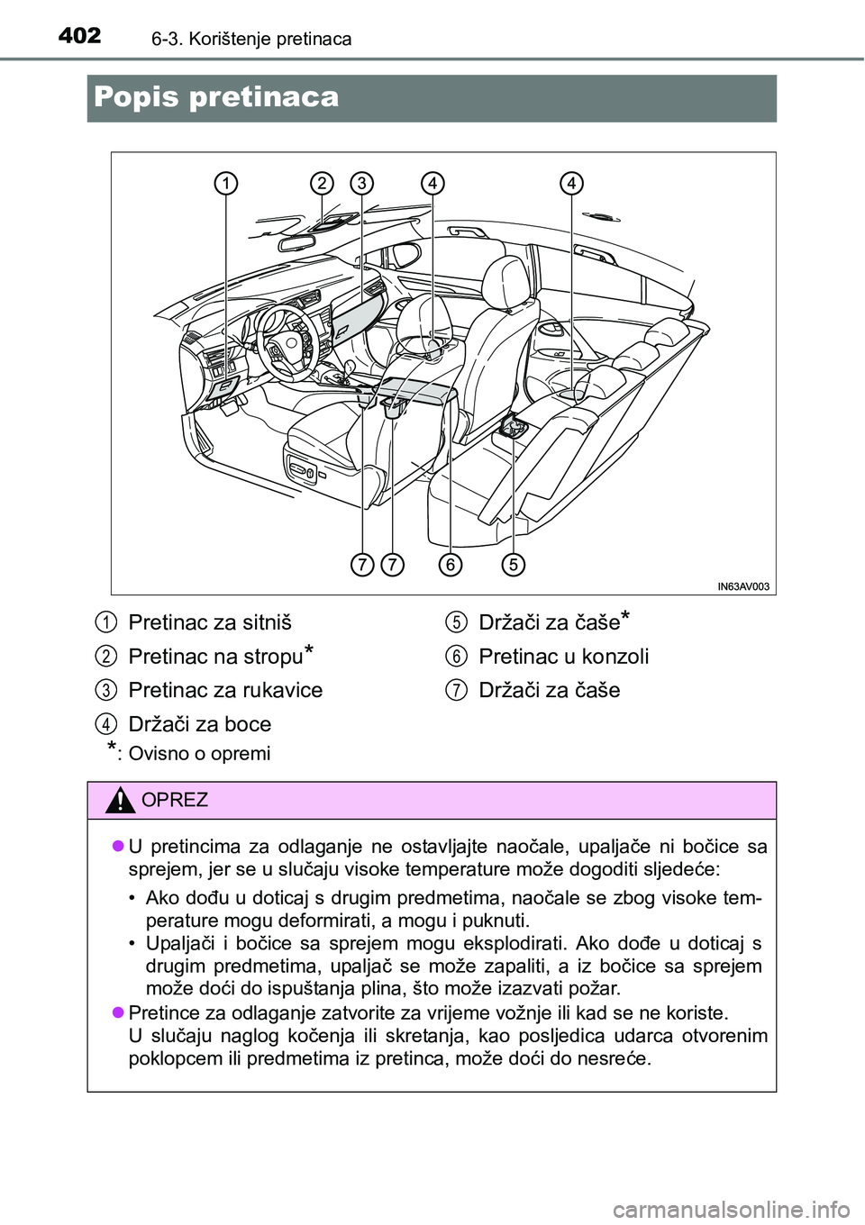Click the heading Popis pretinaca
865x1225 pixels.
tap(216, 97)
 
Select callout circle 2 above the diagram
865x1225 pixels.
tap(321, 183)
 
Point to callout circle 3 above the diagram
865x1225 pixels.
tap(362, 183)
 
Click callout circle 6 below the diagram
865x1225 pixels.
tap(451, 565)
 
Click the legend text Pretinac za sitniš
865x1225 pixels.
tap(210, 622)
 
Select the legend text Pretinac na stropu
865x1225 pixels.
tap(214, 657)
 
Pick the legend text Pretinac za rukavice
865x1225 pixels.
tap(225, 690)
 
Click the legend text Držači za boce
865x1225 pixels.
tap(199, 724)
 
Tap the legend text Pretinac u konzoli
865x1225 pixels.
tap(563, 657)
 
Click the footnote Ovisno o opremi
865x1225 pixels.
tap(199, 753)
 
